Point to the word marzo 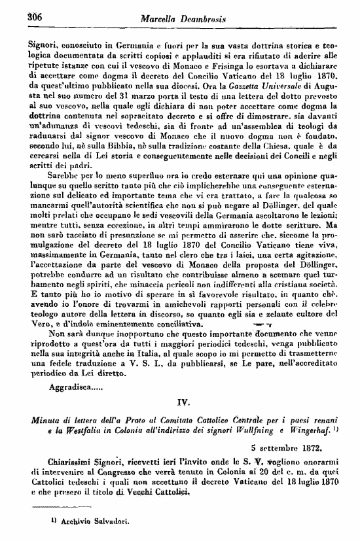(137, 97)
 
